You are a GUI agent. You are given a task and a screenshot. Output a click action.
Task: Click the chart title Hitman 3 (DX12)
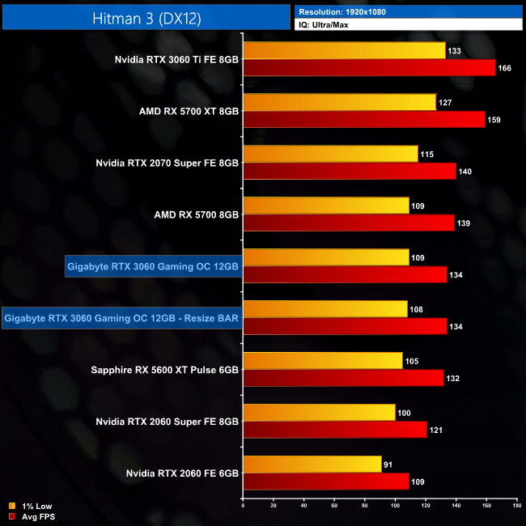[146, 15]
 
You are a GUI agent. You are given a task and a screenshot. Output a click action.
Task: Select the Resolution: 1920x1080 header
[343, 11]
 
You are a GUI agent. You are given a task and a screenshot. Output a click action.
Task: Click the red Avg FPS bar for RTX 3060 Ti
[369, 68]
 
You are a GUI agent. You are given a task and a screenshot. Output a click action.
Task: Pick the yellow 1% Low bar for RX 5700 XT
[339, 103]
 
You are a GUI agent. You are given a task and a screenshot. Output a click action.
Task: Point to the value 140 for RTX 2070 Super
[464, 172]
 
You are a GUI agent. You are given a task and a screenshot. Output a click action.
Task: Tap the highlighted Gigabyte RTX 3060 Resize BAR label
[121, 318]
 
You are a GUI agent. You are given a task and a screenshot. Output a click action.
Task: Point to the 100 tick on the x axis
[395, 506]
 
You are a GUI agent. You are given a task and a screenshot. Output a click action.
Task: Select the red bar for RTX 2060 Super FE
[335, 430]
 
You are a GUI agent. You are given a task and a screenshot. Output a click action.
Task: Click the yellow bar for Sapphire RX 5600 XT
[323, 361]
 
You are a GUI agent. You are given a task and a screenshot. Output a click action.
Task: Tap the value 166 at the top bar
[504, 68]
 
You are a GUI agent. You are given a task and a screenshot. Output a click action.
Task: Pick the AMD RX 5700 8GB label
[197, 214]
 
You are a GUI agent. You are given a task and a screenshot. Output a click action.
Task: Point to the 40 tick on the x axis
[304, 506]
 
